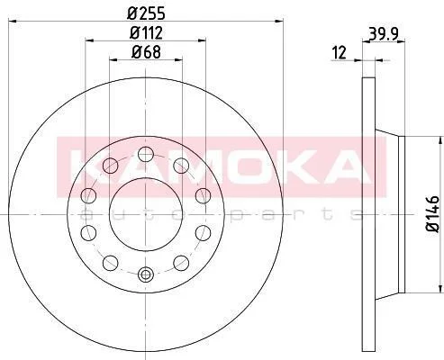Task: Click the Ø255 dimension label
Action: click(x=146, y=13)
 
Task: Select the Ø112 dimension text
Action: click(x=146, y=33)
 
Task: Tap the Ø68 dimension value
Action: click(x=146, y=52)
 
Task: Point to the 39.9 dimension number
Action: click(x=384, y=34)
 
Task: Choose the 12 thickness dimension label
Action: click(x=340, y=52)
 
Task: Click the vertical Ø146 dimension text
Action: click(x=432, y=213)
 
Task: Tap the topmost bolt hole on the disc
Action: click(x=146, y=154)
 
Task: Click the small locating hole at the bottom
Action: click(x=146, y=274)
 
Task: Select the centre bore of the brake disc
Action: click(x=146, y=214)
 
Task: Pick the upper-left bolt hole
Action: click(x=110, y=166)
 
